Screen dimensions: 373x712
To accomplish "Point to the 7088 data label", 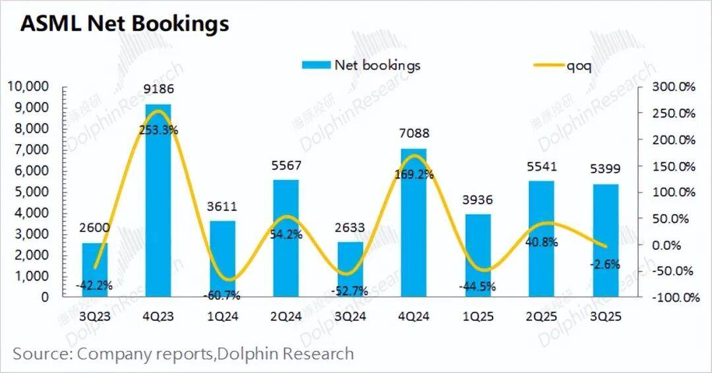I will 415,134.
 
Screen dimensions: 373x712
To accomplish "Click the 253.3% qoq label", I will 158,130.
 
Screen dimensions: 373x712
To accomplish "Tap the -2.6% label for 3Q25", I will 605,264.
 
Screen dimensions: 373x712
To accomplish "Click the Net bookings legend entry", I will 361,65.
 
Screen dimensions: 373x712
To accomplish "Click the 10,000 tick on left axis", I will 28,86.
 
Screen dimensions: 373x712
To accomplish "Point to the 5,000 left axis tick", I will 31,192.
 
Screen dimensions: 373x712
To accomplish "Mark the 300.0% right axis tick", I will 674,86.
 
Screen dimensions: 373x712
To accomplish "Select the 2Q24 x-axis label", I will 286,316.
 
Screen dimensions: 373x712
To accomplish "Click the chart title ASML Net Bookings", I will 124,24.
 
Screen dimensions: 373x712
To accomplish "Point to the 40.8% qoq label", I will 542,242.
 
